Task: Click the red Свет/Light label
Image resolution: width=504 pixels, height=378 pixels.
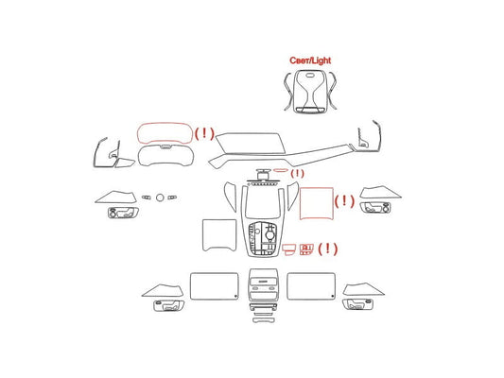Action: [x=310, y=60]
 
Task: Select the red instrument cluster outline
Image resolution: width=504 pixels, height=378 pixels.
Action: [x=165, y=124]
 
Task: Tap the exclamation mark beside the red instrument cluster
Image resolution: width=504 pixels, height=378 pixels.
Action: [x=204, y=133]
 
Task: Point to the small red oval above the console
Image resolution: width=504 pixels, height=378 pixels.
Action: [x=281, y=170]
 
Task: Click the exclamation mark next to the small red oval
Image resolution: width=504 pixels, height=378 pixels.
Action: [x=297, y=174]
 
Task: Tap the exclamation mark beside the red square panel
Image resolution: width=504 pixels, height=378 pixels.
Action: [x=344, y=201]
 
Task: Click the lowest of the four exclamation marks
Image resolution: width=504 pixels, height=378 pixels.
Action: [x=327, y=249]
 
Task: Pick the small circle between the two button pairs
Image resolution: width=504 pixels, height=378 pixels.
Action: [x=160, y=198]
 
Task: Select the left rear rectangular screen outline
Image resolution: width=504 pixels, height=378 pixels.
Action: [x=215, y=273]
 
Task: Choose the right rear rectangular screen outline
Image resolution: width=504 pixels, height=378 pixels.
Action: [x=311, y=273]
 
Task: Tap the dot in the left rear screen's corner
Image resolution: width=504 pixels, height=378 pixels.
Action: [x=235, y=296]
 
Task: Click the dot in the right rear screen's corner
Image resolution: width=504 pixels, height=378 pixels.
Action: [x=332, y=296]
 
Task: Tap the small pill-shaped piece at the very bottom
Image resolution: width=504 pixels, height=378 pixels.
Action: [x=264, y=320]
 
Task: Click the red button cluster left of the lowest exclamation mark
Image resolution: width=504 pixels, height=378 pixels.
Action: [x=306, y=249]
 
